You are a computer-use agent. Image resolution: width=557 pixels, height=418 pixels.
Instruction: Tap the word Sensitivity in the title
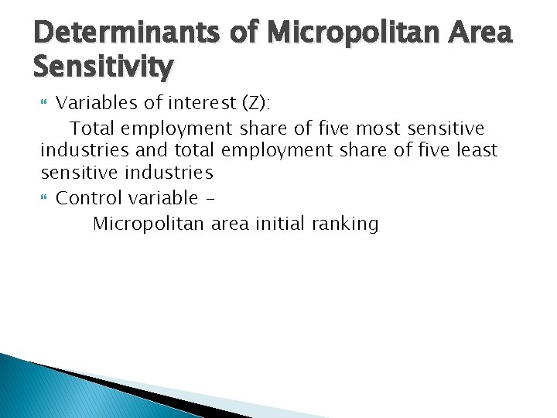[104, 68]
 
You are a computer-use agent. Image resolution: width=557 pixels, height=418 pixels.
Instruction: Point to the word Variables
[93, 102]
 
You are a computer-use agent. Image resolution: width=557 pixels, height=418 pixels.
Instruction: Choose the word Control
[89, 198]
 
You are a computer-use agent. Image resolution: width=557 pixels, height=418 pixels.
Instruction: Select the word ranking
[345, 225]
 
